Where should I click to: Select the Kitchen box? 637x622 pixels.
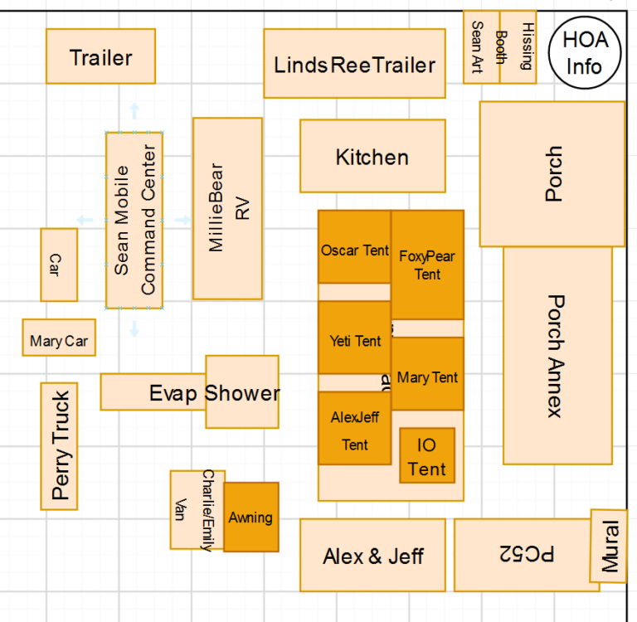coord(372,157)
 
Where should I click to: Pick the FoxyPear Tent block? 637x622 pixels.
coord(427,265)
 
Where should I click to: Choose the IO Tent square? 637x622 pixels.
coord(427,455)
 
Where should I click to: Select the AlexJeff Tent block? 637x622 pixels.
coord(354,429)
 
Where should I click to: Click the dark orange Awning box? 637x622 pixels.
coord(250,517)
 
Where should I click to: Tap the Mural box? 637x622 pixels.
coord(608,546)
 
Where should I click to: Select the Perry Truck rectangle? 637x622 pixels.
coord(59,446)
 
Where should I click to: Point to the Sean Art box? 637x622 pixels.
coord(480,48)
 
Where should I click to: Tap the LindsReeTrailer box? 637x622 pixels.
coord(355,64)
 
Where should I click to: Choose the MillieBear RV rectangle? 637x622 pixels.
coord(227,208)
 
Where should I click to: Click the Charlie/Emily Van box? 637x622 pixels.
coord(197,510)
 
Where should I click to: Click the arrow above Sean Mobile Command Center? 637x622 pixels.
coord(134,111)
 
